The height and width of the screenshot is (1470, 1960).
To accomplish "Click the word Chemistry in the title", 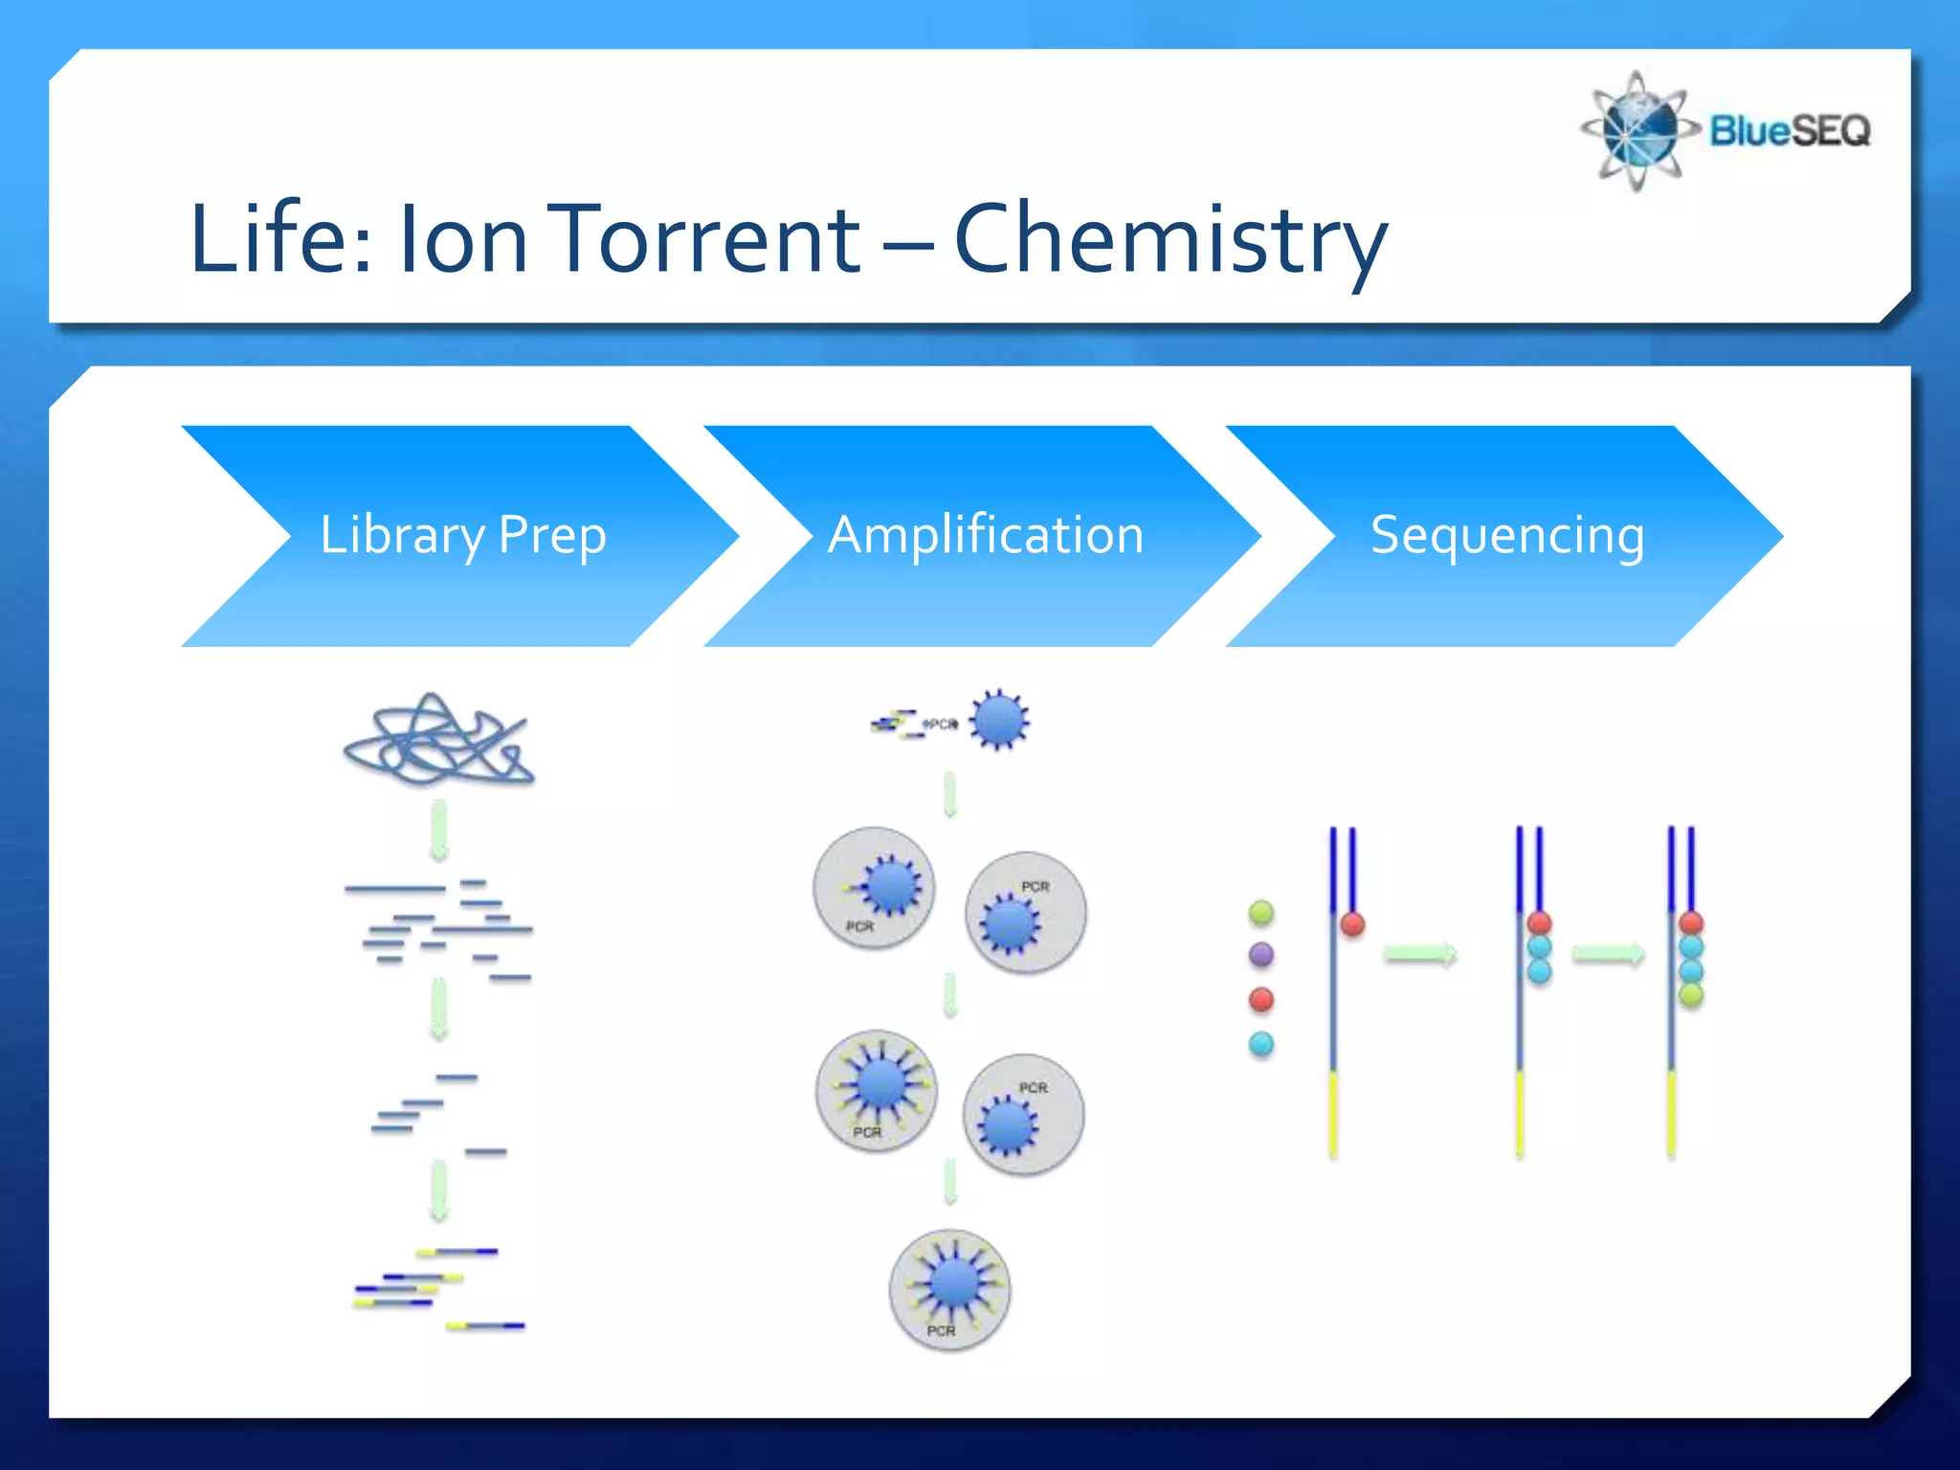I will [1169, 239].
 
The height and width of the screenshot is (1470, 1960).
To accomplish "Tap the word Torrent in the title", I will [708, 239].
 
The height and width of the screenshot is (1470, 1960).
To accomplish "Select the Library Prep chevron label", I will [463, 535].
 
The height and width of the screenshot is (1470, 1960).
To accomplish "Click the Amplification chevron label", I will [986, 535].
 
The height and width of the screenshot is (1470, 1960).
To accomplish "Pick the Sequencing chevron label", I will [1507, 535].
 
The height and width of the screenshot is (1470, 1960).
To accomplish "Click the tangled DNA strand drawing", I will [438, 740].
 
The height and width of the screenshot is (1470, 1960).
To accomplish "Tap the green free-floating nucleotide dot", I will [1261, 912].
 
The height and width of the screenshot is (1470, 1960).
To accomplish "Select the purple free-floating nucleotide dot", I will [1261, 954].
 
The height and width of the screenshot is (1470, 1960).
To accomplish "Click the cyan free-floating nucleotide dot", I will [1261, 1044].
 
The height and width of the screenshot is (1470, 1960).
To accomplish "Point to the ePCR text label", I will [940, 724].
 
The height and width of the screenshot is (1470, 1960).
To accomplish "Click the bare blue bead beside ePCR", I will [999, 720].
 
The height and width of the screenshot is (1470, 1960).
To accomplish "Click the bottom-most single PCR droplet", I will [949, 1289].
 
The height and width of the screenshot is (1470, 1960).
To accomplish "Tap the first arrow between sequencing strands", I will [1420, 954].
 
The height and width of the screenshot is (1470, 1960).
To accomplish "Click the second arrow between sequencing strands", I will [1608, 954].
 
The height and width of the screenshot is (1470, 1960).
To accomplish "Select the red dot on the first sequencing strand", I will [1352, 924].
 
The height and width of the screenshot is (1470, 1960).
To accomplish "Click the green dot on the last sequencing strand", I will [1691, 995].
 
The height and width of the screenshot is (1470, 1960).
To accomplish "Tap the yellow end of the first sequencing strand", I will [1333, 1115].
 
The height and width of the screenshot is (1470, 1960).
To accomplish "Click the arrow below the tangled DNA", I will [438, 831].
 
